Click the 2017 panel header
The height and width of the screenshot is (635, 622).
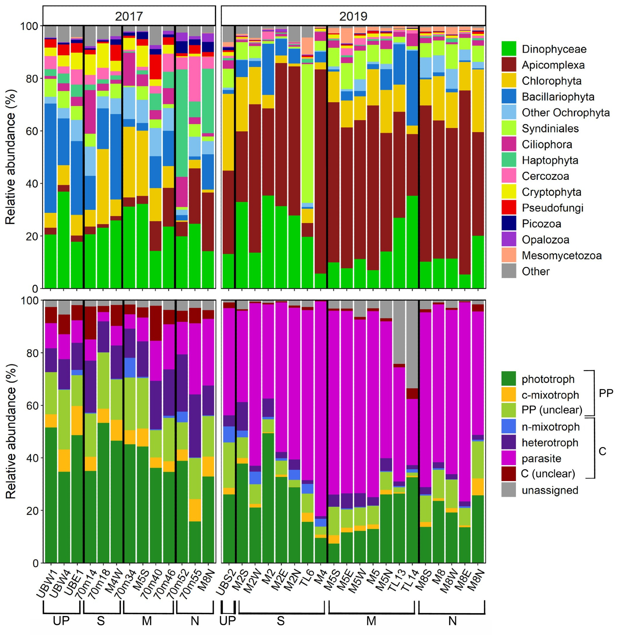129,16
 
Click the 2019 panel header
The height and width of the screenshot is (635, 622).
353,16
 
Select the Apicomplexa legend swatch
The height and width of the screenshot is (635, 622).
509,65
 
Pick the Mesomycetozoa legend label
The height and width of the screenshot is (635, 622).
562,256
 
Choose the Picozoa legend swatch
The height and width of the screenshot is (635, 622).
509,224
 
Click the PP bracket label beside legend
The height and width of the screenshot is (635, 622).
606,393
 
